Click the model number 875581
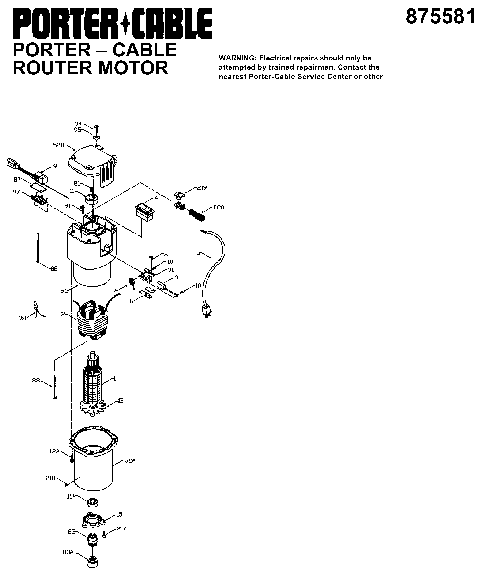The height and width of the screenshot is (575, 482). coord(440,17)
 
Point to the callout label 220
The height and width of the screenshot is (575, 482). coord(219,208)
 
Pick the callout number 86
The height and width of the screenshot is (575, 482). coord(54,269)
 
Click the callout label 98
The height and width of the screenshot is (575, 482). coord(22,318)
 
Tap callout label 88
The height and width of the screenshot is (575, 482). coord(36,380)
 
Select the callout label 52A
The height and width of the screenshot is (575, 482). coord(130,461)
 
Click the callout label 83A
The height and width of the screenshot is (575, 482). coord(68,552)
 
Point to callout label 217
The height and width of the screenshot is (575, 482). coord(121,529)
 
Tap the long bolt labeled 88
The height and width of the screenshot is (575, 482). coord(55,387)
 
